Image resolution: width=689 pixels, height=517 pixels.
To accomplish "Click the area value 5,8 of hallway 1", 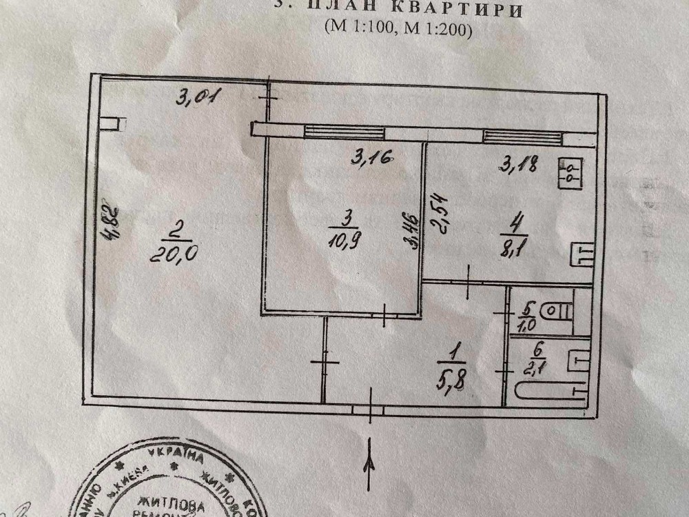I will pos(455,378).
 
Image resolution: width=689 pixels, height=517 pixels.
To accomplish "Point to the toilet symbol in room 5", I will pos(557,312).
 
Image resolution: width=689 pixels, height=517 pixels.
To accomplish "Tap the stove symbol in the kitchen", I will pos(572,172).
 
